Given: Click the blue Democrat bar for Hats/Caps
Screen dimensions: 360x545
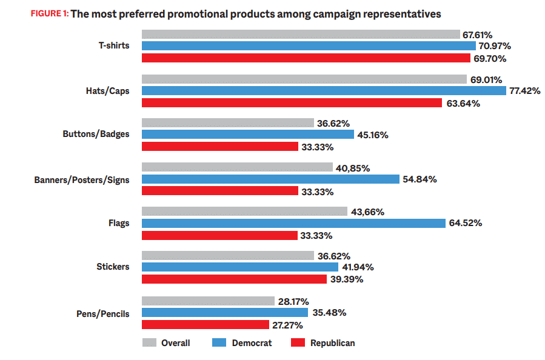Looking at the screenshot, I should coord(324,91).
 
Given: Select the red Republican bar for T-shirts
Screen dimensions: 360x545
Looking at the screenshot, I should coord(306,58).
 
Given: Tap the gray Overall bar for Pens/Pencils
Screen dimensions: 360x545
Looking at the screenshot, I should coord(208,301).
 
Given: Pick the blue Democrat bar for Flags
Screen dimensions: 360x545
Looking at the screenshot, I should coord(293,223).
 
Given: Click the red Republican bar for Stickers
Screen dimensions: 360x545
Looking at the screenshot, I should coord(234,279).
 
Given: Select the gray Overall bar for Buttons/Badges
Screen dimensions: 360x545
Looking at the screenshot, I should coord(228,123).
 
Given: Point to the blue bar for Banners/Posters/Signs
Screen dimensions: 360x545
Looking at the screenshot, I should coord(270,179).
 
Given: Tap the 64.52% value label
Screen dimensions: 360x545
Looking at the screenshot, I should coord(466,223).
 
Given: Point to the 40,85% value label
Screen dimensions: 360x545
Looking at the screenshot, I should coord(353,168).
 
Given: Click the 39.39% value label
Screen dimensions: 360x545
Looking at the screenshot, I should coord(347,279).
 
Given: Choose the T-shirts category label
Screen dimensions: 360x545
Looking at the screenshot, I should coord(114,46).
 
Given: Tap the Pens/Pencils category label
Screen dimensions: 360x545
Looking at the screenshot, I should coord(104,313).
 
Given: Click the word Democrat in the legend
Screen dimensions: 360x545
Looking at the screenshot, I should coord(252,343).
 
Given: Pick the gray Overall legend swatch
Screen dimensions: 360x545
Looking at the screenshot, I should coord(149,343).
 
